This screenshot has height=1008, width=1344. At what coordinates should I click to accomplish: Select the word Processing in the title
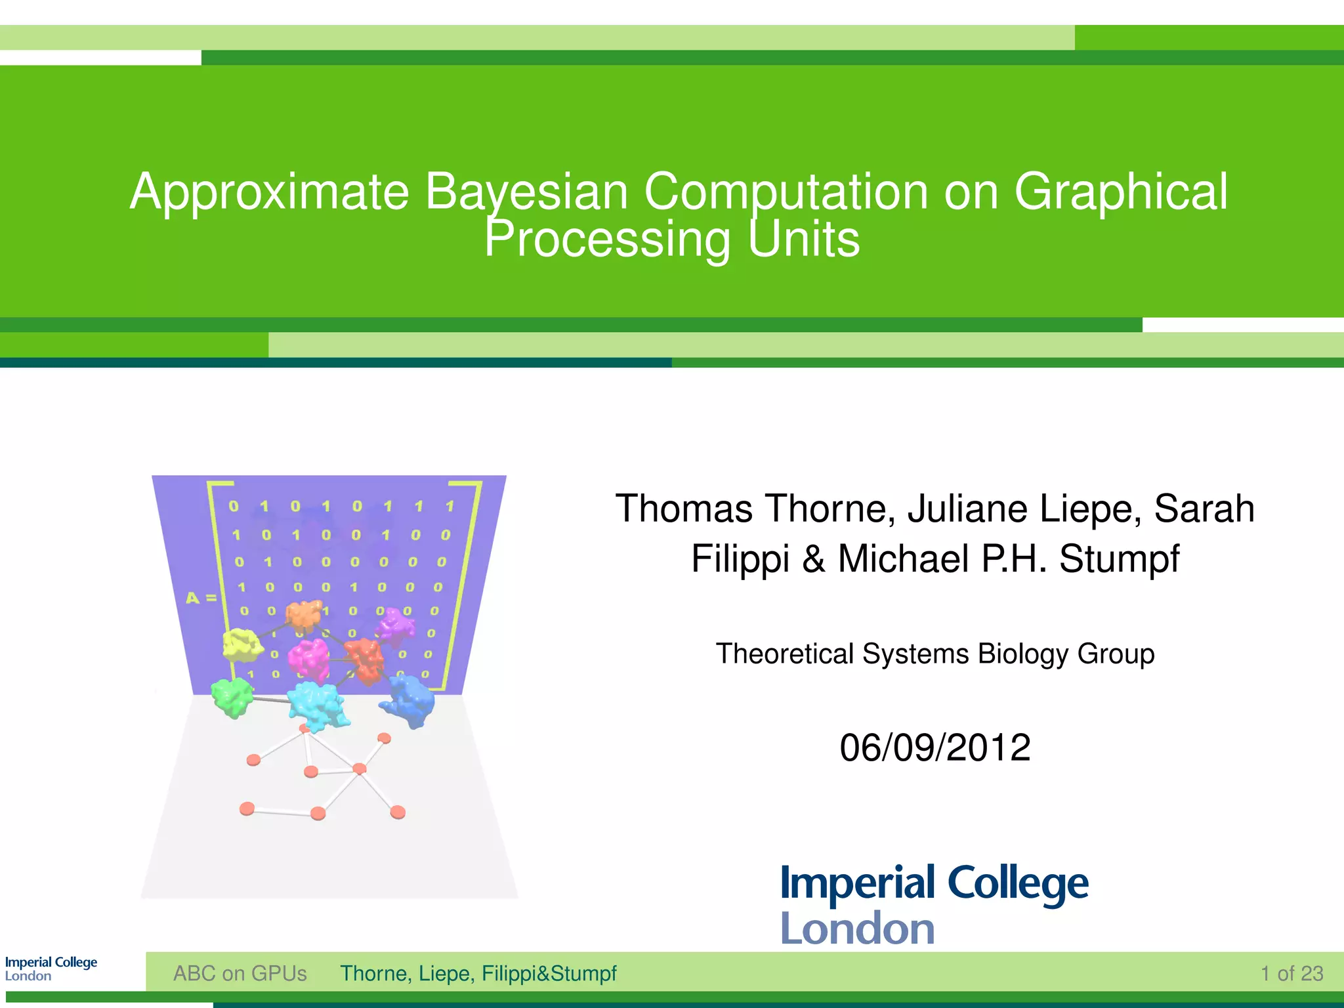click(607, 239)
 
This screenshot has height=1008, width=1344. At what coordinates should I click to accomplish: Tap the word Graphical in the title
click(1120, 192)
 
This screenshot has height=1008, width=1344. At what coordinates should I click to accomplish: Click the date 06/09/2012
click(934, 747)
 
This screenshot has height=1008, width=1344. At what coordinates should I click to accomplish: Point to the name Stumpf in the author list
click(1119, 559)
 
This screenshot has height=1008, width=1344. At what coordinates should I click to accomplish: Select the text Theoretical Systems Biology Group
click(934, 654)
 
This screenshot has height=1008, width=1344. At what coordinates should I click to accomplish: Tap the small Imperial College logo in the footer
click(51, 969)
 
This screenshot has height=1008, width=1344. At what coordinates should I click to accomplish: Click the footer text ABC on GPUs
click(240, 973)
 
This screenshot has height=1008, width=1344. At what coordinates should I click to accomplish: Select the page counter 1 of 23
click(1291, 973)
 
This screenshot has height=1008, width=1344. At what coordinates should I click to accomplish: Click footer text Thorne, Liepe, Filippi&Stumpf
click(478, 973)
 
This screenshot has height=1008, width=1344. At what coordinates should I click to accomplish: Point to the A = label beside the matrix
click(201, 598)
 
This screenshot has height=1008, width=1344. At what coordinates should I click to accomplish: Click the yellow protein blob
click(242, 644)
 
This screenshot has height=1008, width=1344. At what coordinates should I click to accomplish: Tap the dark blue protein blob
click(409, 702)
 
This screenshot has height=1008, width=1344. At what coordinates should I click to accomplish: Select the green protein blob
click(232, 697)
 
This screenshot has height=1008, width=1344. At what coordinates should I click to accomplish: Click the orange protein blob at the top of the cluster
click(304, 616)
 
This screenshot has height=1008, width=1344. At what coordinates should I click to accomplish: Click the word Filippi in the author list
click(740, 559)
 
